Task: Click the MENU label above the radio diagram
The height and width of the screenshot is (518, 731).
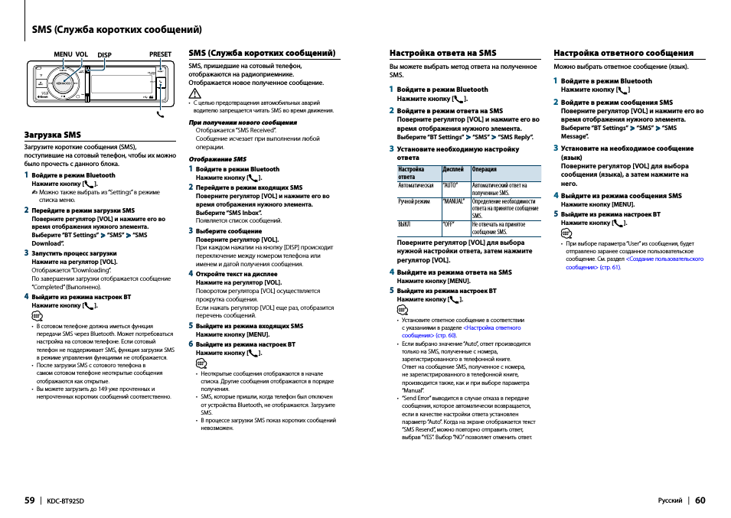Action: coord(63,54)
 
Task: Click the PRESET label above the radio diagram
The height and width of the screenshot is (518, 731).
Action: coord(160,54)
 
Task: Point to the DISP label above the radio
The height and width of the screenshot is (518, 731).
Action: coord(104,55)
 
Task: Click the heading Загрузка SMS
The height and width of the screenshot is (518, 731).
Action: coord(52,134)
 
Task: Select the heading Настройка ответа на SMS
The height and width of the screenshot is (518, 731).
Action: coord(442,54)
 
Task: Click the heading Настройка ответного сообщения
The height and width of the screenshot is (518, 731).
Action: coord(623,54)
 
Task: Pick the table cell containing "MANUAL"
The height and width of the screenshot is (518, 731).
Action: coord(454,202)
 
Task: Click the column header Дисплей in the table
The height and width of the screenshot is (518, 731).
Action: coord(453,169)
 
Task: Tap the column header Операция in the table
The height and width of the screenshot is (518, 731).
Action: coord(484,169)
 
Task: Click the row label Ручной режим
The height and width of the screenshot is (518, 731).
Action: coord(414,202)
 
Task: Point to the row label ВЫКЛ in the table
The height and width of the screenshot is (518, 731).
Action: coord(404,225)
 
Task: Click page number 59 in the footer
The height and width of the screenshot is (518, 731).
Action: coord(29,500)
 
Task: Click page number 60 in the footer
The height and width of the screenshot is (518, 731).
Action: coord(700,500)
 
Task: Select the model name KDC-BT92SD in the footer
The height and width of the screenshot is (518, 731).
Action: coord(66,501)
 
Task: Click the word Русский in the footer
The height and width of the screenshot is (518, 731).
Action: coord(670,501)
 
